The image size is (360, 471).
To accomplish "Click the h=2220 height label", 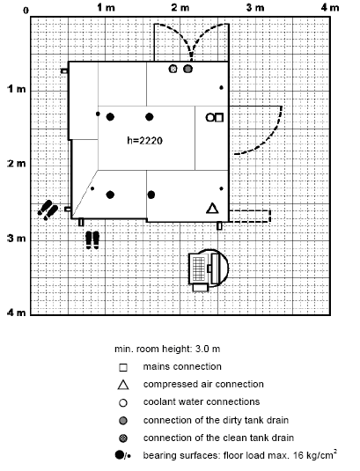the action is coord(144,140).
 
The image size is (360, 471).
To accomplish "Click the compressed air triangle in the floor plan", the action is coord(213,209).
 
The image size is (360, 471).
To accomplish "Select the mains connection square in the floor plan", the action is coord(219,117).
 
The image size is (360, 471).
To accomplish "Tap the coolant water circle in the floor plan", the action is coord(209,117).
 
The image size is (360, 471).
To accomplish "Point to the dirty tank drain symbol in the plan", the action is coord(187,69).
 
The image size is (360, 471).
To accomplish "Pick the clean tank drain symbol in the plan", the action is coord(173,69).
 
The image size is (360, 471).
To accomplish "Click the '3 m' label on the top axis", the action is coord(255,8).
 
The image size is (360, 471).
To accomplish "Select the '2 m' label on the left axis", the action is coord(17,164).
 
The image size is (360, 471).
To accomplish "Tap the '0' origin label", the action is coord(26,11).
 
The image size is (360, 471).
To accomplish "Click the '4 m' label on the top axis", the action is coord(330,8).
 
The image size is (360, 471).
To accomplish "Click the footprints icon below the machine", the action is coord(92,239).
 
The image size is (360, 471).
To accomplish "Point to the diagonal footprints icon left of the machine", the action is coord(48,210).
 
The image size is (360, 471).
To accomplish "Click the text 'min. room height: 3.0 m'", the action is coord(167,349).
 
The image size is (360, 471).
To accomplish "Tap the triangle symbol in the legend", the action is coord(123,385).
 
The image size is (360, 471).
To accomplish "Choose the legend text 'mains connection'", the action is coord(182,366).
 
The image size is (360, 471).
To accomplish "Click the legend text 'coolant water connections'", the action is coord(202,402).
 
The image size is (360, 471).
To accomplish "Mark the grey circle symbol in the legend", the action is coord(123,421).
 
